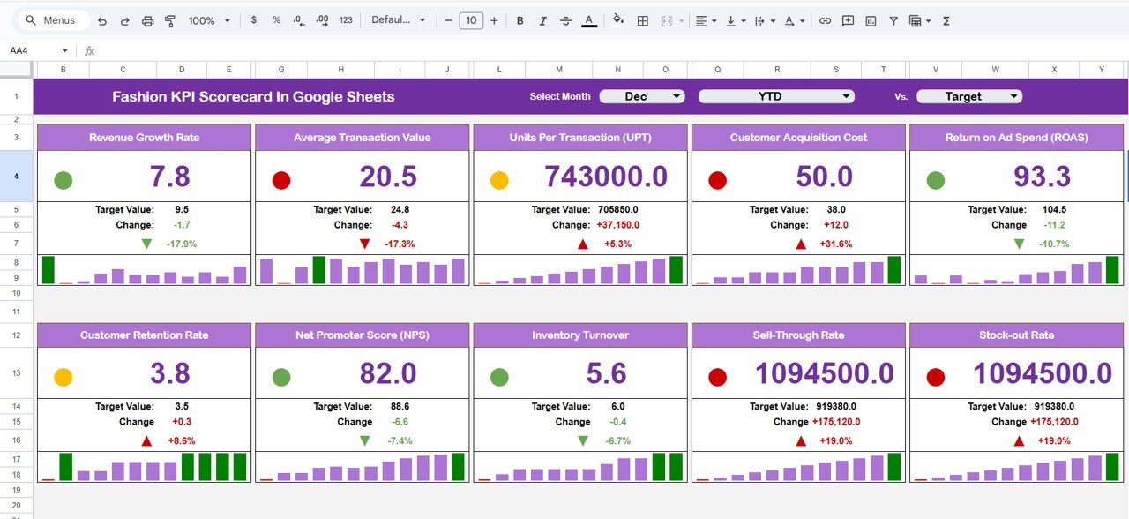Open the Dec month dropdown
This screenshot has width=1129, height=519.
641,96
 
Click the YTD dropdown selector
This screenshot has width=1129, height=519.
776,96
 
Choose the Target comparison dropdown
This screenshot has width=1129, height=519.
968,96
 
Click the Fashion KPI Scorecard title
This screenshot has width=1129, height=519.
253,97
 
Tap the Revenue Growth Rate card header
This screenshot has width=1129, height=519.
144,138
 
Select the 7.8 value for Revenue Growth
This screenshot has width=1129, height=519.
169,177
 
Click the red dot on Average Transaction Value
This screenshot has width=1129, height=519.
281,181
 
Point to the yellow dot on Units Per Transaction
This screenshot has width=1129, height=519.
499,181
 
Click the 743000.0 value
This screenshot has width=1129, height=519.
606,177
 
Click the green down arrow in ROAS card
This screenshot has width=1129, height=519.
1020,244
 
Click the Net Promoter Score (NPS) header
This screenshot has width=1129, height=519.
362,335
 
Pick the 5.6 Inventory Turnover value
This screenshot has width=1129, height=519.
606,374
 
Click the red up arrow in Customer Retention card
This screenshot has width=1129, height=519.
146,440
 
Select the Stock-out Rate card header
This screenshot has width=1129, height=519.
1016,335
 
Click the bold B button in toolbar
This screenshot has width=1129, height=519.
520,20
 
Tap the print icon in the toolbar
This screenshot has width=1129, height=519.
148,20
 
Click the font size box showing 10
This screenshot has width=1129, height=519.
471,20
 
